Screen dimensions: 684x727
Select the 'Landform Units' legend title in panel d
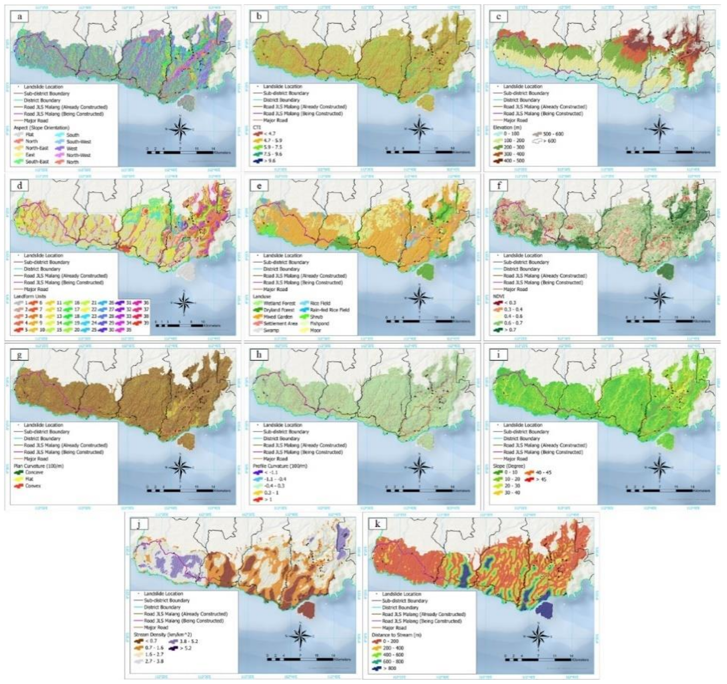point(30,296)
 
